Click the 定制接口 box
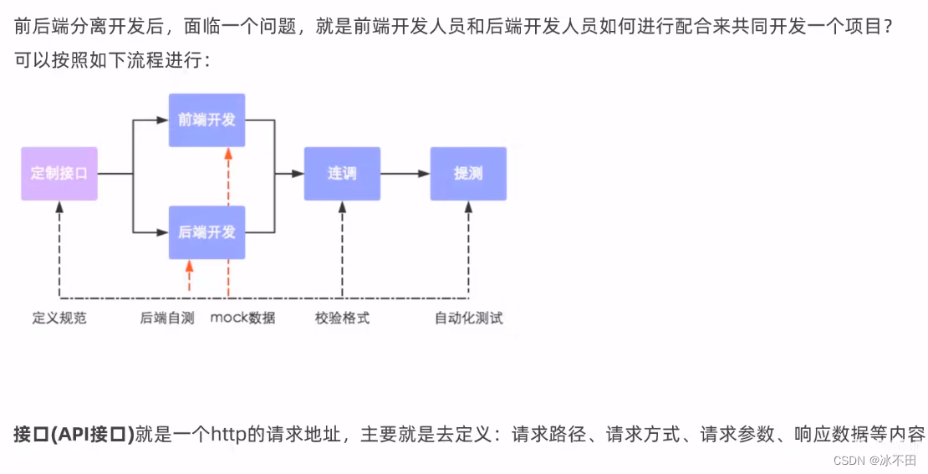59,174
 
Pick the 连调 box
342,174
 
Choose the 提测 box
468,174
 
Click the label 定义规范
59,318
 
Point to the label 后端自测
167,318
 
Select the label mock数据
242,318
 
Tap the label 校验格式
342,318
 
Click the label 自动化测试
468,318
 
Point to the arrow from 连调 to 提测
405,174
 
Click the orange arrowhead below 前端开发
227,154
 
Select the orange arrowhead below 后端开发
190,266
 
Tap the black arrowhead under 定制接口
59,206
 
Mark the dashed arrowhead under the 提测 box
468,206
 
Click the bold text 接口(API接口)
74,435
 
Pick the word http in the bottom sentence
230,435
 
